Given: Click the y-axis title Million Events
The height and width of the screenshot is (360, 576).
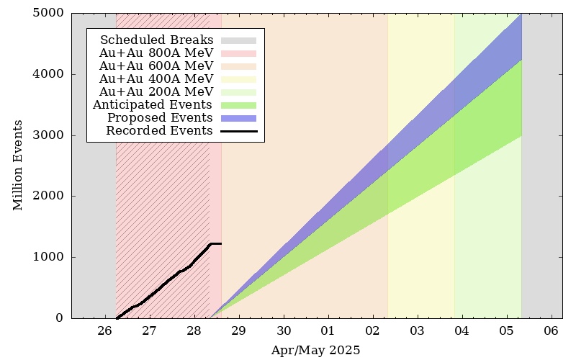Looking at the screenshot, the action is pos(17,166).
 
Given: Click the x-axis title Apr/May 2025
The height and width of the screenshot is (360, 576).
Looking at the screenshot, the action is pos(315,350).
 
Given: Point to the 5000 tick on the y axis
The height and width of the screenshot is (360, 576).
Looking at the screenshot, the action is pos(48,13).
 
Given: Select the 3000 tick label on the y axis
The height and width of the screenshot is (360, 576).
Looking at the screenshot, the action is pos(48,135).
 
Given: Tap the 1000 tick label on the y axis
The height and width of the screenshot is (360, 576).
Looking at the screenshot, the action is pos(48,257).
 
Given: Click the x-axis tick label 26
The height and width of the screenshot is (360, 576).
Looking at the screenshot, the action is pos(104,331).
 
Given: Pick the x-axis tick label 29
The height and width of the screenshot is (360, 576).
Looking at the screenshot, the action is pos(239,331).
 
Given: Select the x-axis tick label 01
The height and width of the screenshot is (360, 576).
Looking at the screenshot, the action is pos(328,331).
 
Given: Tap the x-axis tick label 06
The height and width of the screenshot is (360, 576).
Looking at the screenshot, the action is pos(551,331).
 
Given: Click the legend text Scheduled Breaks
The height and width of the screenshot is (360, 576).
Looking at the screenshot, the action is pos(156,40).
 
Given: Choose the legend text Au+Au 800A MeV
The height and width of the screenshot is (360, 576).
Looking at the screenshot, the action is pos(156,53).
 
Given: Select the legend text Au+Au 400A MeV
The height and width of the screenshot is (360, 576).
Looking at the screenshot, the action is pos(156,78).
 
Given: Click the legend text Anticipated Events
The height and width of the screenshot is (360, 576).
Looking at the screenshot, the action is pos(153,104).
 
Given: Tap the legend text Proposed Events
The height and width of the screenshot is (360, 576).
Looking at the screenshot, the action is pos(160,118).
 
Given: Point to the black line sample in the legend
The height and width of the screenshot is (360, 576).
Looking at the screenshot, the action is pos(239,131).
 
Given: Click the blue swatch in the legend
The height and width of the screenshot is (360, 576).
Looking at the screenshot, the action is pos(239,118).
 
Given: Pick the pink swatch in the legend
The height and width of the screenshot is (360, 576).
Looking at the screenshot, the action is pos(239,53).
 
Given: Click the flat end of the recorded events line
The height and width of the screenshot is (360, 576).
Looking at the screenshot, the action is pos(221,243).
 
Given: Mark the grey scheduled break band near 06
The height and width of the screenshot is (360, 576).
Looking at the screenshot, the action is pos(542,166).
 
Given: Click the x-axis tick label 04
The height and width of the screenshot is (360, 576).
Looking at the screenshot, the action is pos(462,331).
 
